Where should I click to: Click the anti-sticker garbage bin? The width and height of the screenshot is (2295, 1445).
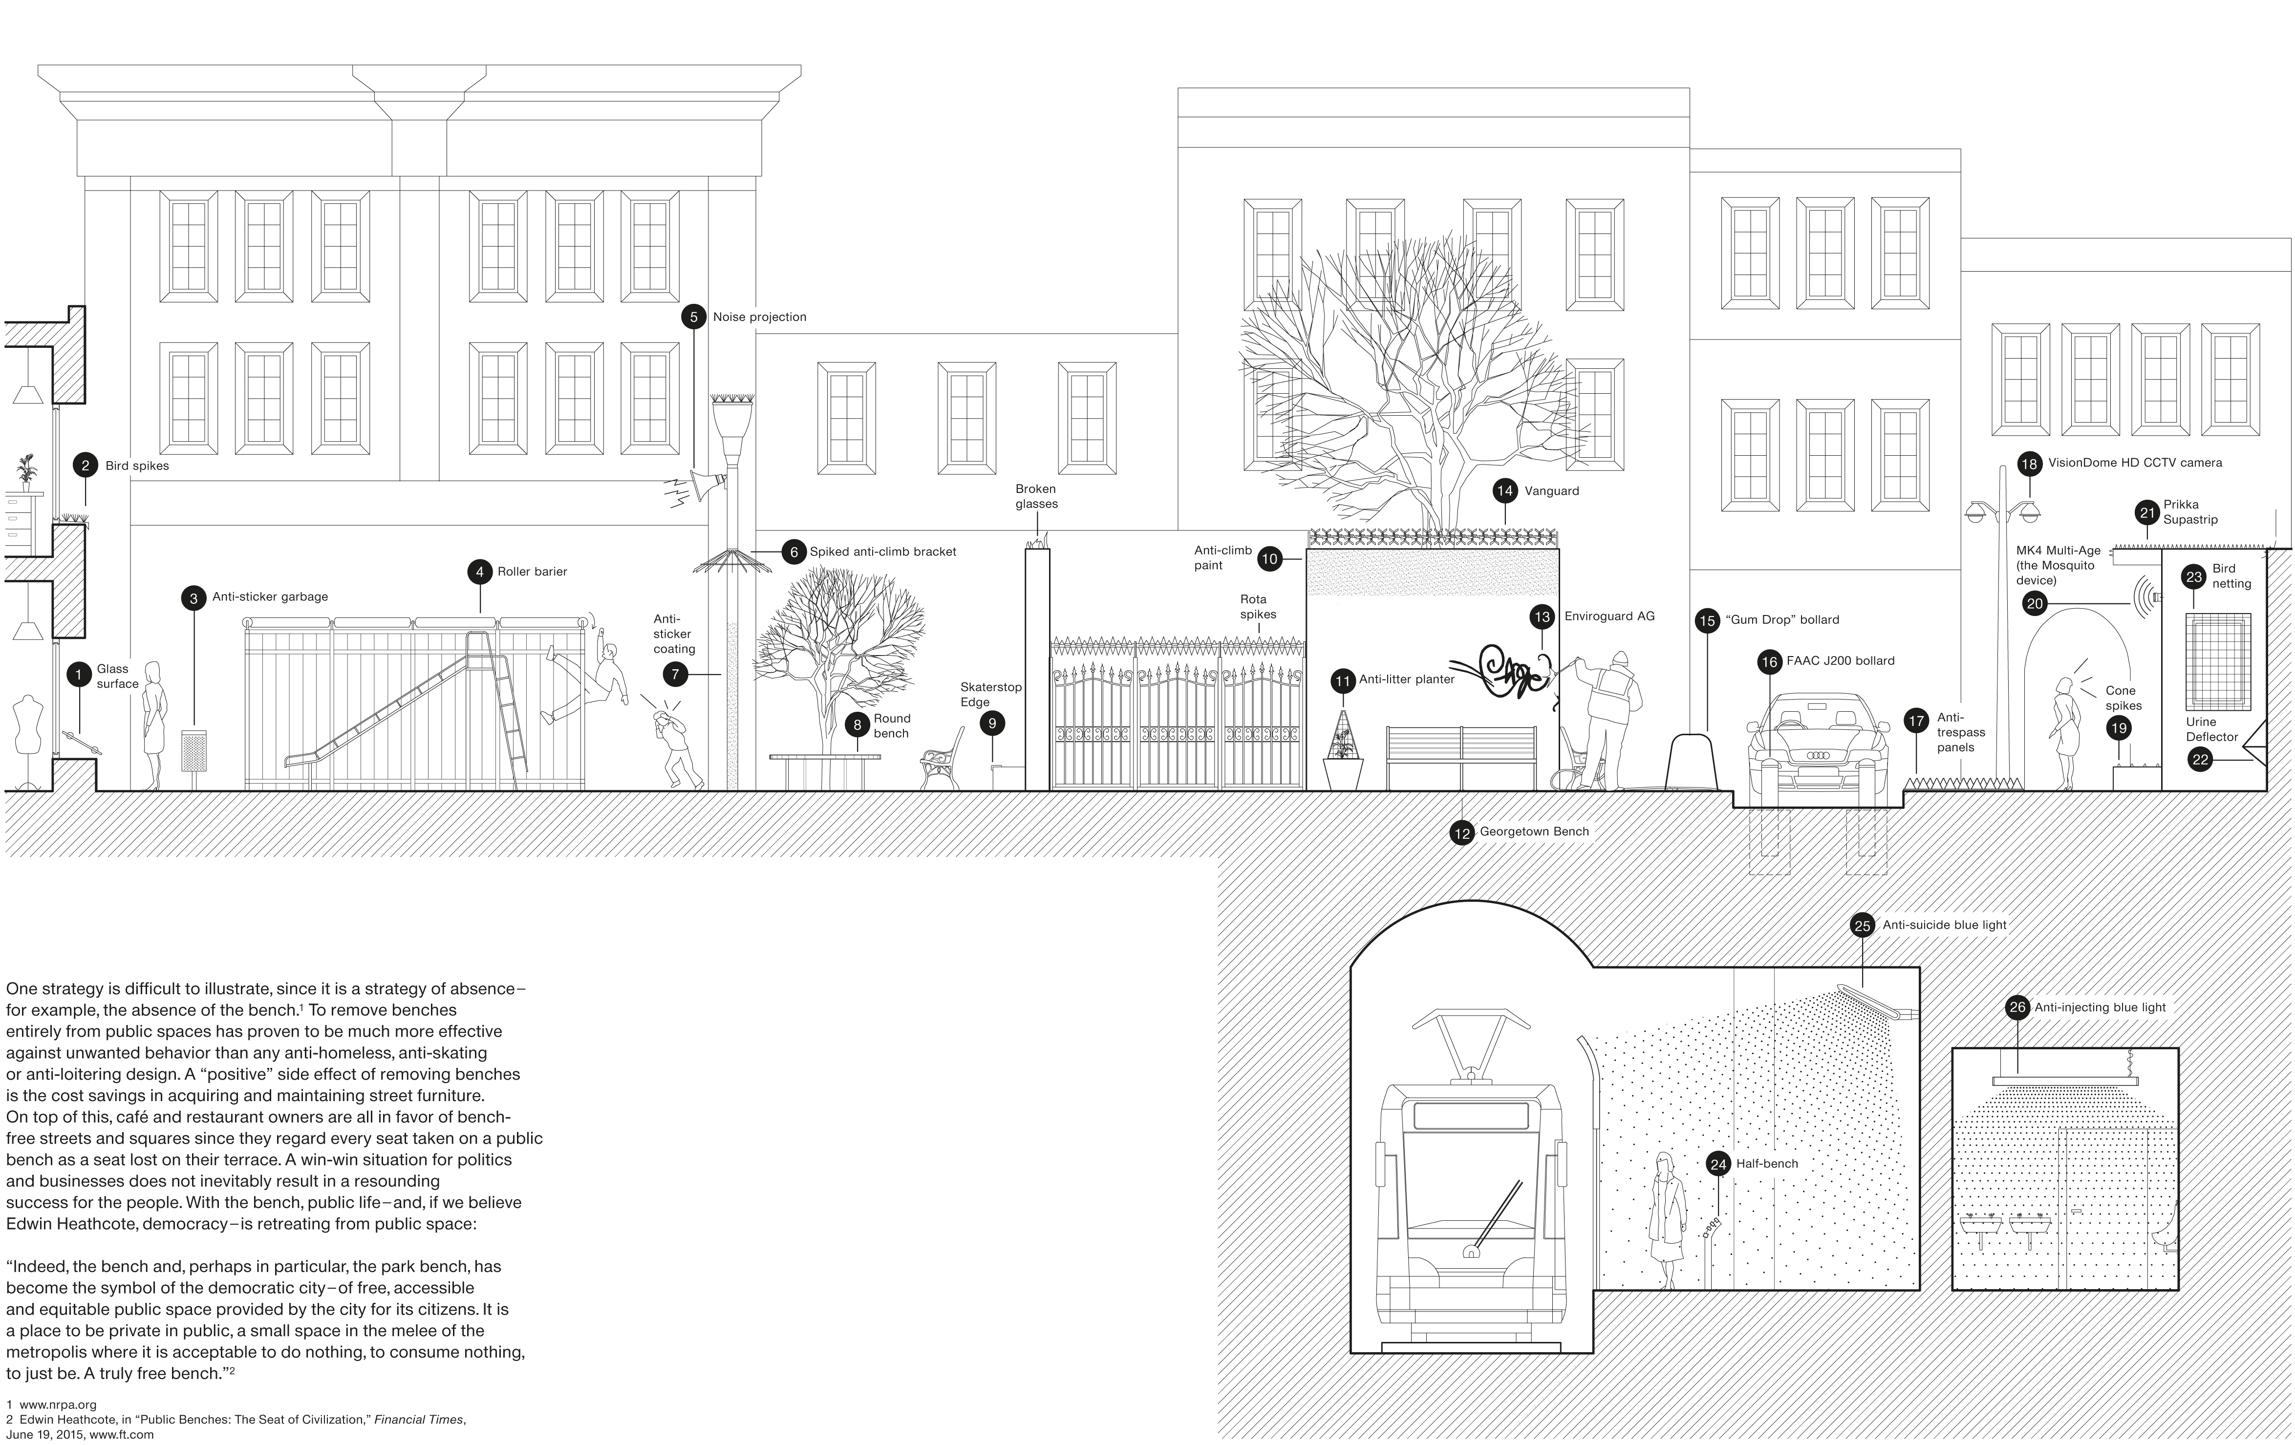[193, 751]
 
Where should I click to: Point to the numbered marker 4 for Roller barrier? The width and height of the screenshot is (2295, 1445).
[479, 572]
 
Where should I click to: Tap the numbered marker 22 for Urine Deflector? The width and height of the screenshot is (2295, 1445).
[2200, 760]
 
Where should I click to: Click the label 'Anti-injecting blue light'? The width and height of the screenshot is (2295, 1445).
[2100, 1007]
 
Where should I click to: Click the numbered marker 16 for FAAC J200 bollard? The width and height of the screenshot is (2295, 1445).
[1769, 661]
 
